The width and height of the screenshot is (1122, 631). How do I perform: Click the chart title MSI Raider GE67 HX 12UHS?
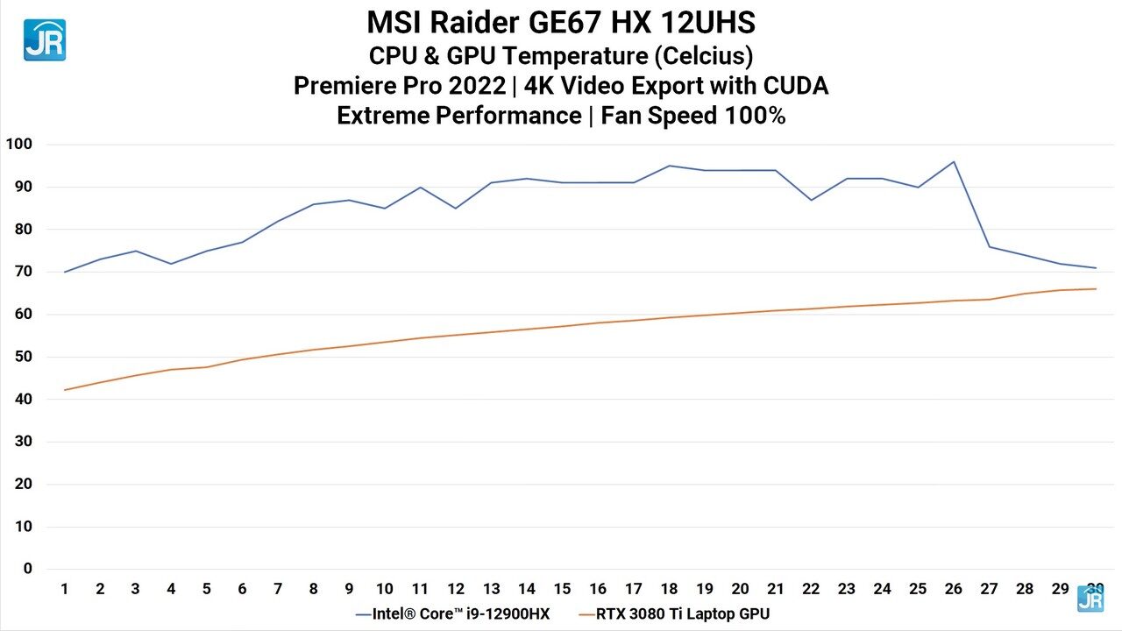(x=561, y=22)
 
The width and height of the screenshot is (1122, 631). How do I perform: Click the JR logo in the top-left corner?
(x=45, y=40)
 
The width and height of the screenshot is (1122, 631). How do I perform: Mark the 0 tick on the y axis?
(x=28, y=569)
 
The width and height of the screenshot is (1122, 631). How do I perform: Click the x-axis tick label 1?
(x=65, y=589)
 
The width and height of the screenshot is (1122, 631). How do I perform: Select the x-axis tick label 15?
(x=562, y=589)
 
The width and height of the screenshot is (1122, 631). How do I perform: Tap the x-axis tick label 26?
(x=953, y=589)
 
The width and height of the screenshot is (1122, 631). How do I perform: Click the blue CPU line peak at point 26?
(x=953, y=161)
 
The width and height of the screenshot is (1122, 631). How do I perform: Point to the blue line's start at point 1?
(x=65, y=272)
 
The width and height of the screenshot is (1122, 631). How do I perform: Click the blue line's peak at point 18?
(x=669, y=166)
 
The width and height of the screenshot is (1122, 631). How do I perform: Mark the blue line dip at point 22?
(x=811, y=200)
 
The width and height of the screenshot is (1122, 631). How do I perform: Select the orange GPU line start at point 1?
(x=65, y=390)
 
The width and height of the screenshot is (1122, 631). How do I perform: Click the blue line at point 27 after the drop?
(x=989, y=246)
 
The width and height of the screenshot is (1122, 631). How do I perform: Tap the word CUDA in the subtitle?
(x=795, y=86)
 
